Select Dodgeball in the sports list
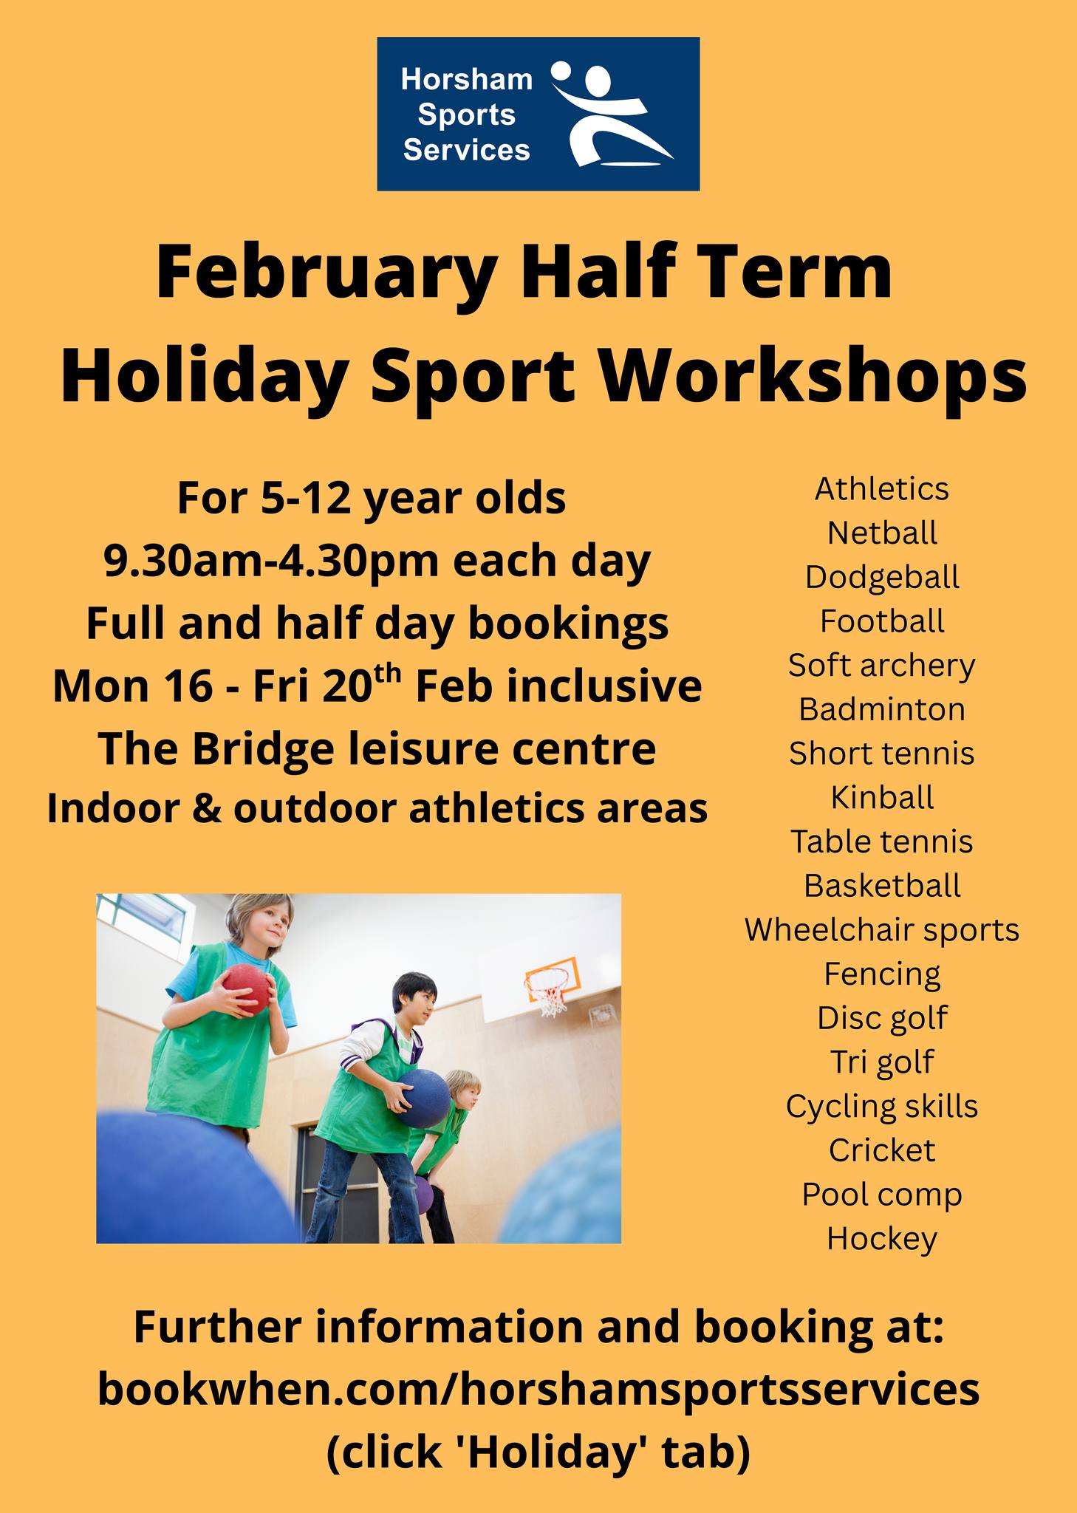882,577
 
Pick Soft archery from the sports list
882,666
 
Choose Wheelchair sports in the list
882,930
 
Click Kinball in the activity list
882,797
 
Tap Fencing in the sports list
882,974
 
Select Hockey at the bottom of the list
882,1239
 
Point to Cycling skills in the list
882,1107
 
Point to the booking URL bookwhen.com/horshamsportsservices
538,1390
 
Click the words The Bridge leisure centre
377,749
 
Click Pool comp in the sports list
882,1195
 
